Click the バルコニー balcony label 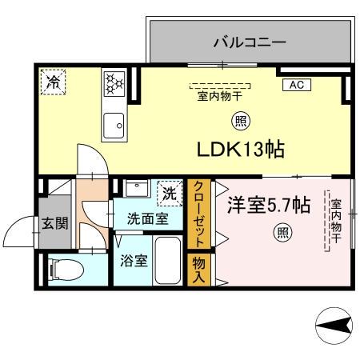click(249, 42)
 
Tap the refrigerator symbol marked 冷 click(54, 80)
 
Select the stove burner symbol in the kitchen click(113, 82)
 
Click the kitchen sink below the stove click(113, 124)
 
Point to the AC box click(295, 84)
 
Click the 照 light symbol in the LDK click(239, 122)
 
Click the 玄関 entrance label click(55, 222)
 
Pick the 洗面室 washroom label click(150, 217)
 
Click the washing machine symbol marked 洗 click(169, 192)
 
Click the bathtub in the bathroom click(168, 260)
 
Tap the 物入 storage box click(198, 270)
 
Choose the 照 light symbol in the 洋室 click(282, 234)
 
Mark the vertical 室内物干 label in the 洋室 click(336, 221)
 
